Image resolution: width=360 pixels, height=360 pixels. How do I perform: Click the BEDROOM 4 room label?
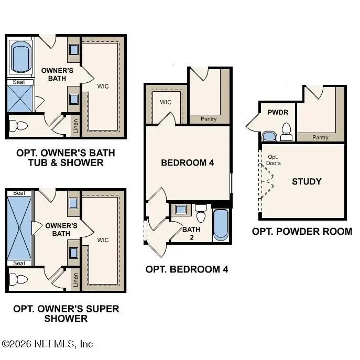[x=188, y=163]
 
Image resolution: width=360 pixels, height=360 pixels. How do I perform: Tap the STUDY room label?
[x=307, y=182]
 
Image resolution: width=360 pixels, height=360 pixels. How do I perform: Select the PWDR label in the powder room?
[x=278, y=112]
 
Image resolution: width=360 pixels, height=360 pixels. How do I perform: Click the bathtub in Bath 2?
[x=221, y=225]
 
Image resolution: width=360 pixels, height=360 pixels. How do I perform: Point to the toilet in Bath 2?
[x=201, y=213]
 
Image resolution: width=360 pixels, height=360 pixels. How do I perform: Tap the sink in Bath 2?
[x=181, y=210]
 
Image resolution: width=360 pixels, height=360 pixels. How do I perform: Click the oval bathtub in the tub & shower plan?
[x=21, y=57]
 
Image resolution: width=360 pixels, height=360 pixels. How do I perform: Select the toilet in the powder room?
[x=286, y=132]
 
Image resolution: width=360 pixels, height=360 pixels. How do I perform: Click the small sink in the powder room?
[x=269, y=137]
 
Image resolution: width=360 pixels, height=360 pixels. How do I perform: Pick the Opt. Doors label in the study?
[x=273, y=160]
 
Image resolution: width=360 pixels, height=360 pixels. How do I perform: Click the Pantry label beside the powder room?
[x=320, y=137]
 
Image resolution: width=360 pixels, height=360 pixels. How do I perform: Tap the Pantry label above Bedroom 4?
[x=209, y=119]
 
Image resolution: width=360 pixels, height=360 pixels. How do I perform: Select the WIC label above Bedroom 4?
[x=166, y=102]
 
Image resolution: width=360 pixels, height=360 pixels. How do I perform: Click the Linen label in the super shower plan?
[x=75, y=280]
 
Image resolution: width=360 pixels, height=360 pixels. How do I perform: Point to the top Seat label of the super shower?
[x=19, y=193]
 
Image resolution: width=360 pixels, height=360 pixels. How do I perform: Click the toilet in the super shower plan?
[x=18, y=279]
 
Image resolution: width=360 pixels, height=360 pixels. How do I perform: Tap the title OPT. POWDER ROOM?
[x=302, y=232]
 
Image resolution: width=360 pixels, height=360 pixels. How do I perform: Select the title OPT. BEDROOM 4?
[x=187, y=269]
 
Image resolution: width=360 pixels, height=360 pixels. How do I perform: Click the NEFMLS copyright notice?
[x=47, y=344]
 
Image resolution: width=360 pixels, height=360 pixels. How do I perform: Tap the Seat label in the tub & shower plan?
[x=19, y=82]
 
